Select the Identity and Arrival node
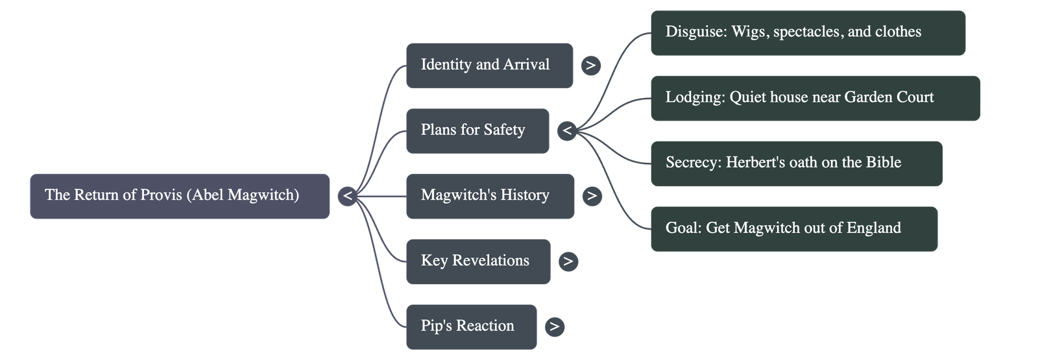click(489, 65)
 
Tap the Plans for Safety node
click(477, 130)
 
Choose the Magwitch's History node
click(490, 196)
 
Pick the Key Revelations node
click(477, 261)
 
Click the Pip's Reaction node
click(471, 326)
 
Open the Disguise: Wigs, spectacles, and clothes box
click(808, 32)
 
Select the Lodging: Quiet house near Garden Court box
click(815, 98)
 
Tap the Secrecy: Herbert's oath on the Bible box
click(796, 163)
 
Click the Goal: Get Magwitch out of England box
click(793, 228)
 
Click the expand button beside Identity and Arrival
click(590, 66)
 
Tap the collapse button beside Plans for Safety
click(567, 131)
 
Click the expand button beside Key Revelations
click(568, 261)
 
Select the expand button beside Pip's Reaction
click(554, 327)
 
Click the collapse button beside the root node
click(348, 196)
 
